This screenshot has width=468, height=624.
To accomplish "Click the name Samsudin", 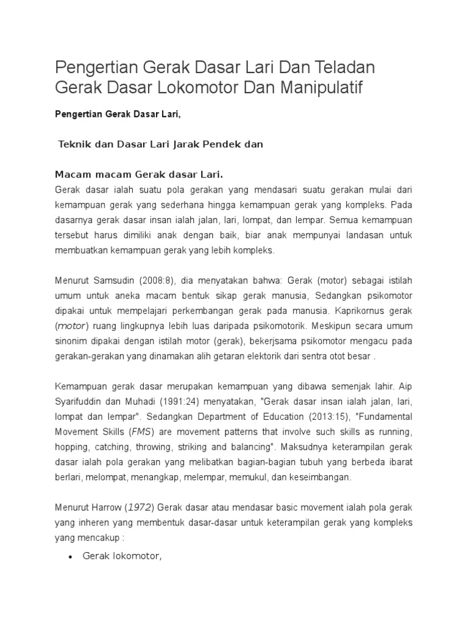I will (114, 281).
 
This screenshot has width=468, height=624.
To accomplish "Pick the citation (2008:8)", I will (159, 281).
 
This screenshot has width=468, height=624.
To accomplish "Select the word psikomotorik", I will (285, 325).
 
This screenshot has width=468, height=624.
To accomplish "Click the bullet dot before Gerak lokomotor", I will (71, 557).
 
